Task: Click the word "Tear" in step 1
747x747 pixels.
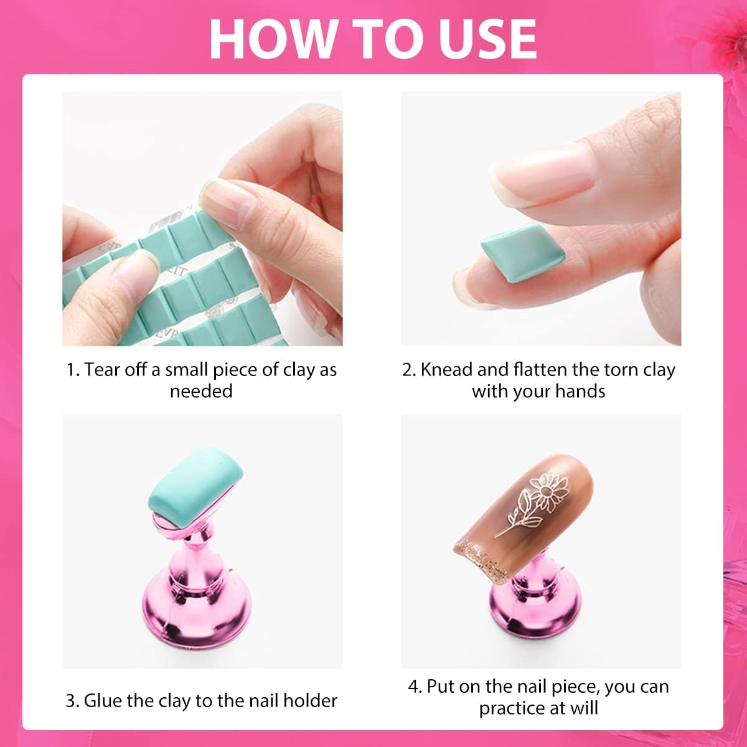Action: [x=103, y=370]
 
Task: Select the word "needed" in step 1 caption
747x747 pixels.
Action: [x=201, y=391]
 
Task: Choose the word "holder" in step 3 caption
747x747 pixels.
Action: [x=310, y=700]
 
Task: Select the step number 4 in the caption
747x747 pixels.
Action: [x=414, y=687]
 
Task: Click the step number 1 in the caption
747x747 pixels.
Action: [x=72, y=370]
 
